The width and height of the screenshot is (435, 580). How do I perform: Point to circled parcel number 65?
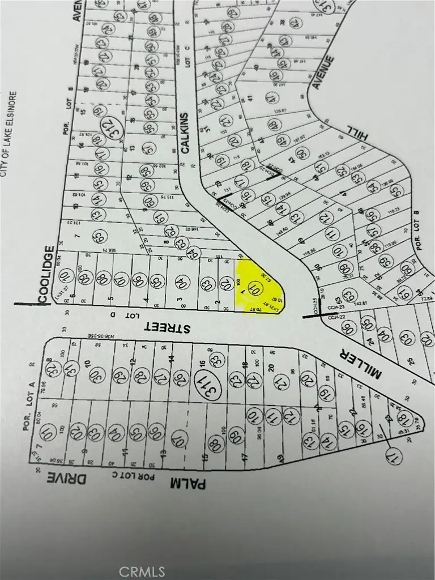(97, 236)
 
